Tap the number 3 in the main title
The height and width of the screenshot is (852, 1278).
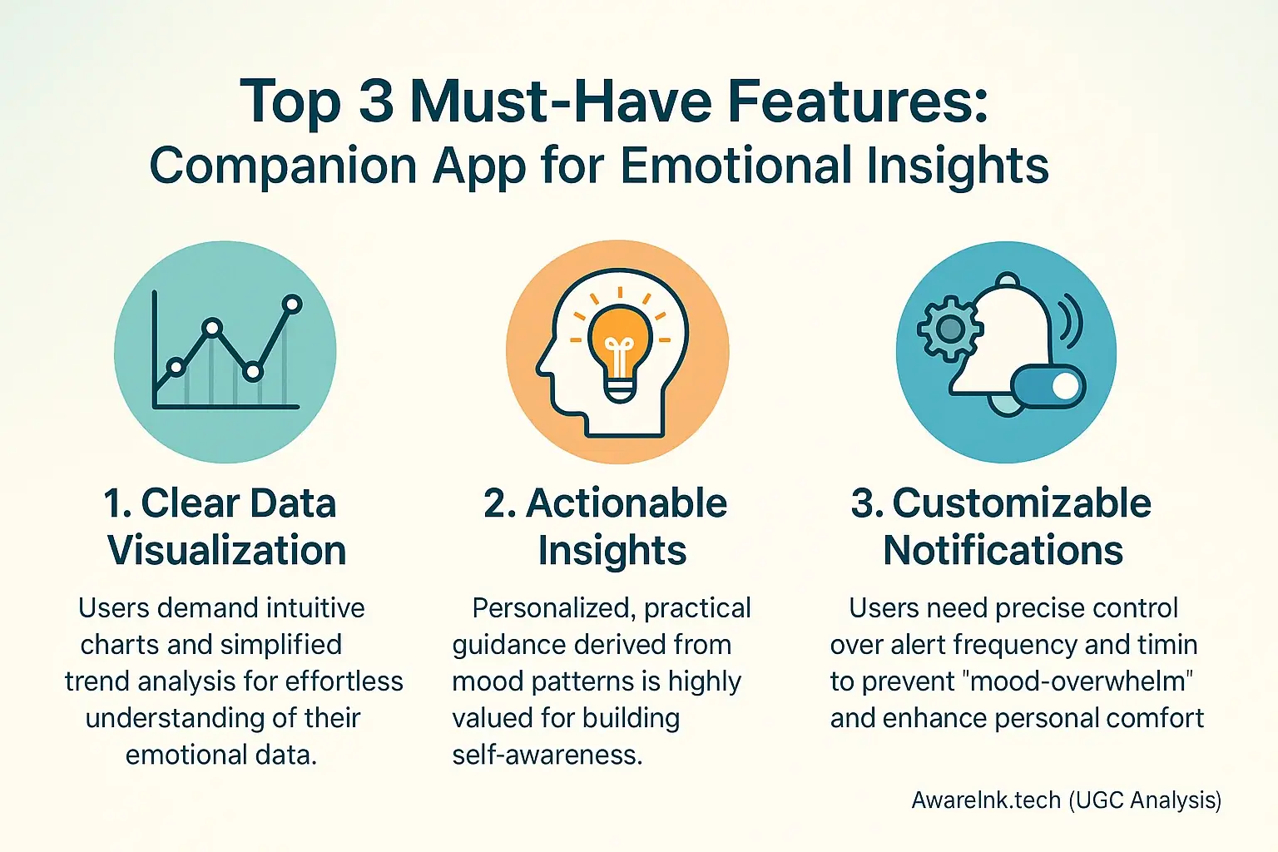(375, 102)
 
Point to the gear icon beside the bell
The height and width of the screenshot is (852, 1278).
(949, 328)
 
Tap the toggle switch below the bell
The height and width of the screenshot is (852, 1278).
(1048, 387)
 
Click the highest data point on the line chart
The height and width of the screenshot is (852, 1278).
(292, 305)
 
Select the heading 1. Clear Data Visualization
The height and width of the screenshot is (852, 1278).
(225, 527)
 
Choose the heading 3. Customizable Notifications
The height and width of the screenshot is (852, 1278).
(1003, 527)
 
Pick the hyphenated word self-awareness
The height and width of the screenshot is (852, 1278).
(547, 755)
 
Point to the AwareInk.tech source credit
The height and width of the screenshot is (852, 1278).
(1066, 800)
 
